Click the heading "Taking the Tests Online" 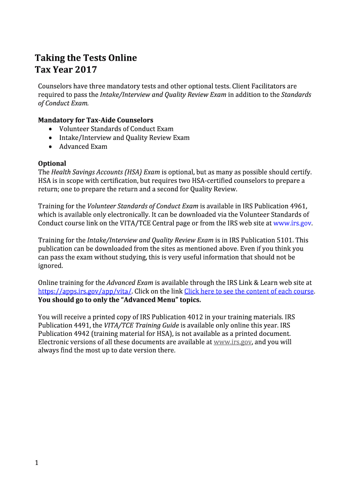point(86,58)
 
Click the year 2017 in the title point(86,70)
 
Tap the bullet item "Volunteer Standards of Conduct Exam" point(116,129)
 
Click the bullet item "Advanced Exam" point(83,147)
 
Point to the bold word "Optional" point(52,164)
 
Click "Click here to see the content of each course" point(249,291)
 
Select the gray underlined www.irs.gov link point(233,342)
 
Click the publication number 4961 point(297,206)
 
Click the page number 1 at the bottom point(36,463)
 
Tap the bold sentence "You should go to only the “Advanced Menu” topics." point(119,300)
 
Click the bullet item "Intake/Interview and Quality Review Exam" point(124,138)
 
